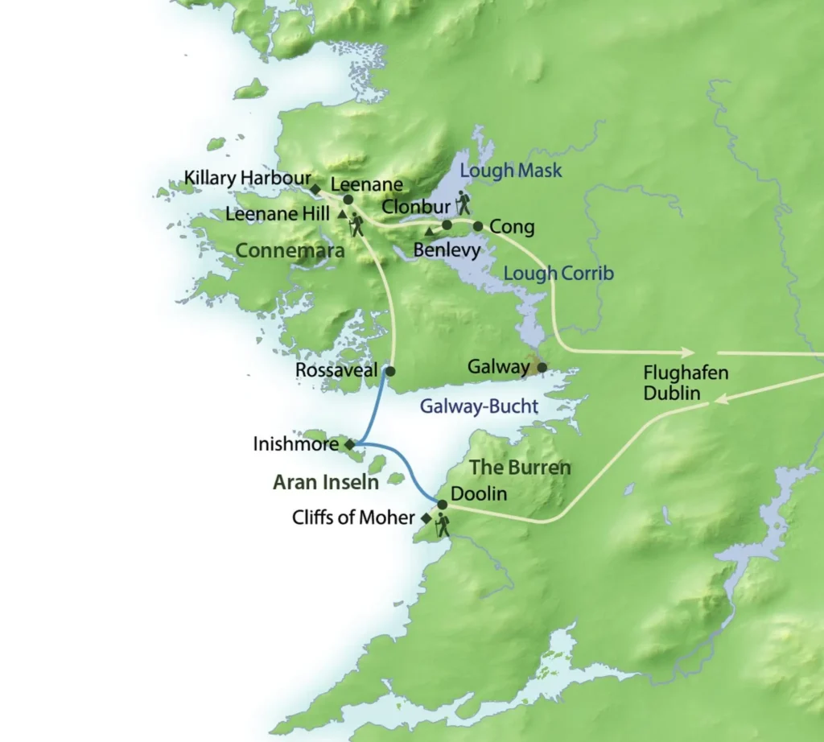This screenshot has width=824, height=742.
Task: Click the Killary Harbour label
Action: pos(246,177)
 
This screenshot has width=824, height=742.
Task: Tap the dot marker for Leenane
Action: pos(348,200)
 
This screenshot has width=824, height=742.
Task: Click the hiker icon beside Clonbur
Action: pos(462,202)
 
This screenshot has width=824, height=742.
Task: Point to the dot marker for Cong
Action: pos(477,226)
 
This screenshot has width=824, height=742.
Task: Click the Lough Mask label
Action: pos(510,171)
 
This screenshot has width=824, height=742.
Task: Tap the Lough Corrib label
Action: pos(558,274)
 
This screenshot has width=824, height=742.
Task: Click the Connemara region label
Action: pos(290,251)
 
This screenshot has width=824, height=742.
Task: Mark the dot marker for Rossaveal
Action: pos(390,371)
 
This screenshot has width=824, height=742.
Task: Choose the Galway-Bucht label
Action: pos(478,406)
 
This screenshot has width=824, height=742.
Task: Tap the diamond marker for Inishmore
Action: pos(349,443)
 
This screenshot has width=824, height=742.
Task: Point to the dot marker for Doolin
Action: pos(442,505)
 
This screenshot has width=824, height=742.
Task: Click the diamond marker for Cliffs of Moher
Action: pos(426,518)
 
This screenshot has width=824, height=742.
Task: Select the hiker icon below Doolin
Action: pos(442,526)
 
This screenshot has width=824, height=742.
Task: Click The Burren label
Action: pos(520,468)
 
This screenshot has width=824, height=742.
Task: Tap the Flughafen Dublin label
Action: pos(674,383)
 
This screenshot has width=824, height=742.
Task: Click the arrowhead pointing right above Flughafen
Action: pos(686,352)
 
